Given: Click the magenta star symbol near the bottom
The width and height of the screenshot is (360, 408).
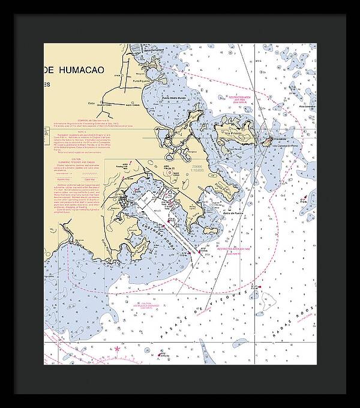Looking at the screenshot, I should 118,349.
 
